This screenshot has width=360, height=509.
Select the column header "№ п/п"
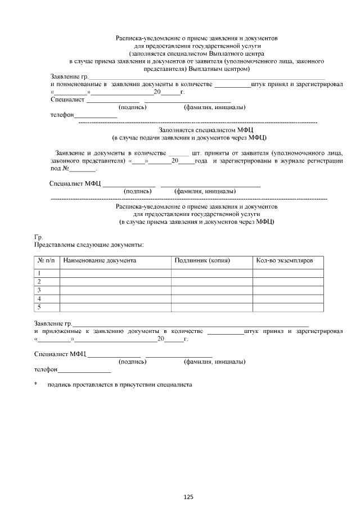pos(46,261)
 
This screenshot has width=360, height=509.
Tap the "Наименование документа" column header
pos(100,261)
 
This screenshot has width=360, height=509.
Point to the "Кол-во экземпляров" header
pos(289,261)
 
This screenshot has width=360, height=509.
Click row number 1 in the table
pos(39,273)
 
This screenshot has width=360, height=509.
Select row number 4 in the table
pos(39,299)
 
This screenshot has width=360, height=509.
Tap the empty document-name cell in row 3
pos(115,290)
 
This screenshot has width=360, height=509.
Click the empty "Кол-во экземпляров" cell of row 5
pos(288,307)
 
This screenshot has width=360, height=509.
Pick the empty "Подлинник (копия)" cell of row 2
pos(212,282)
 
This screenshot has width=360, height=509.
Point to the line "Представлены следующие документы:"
pos(89,245)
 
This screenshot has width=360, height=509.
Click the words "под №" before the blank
pos(60,168)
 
